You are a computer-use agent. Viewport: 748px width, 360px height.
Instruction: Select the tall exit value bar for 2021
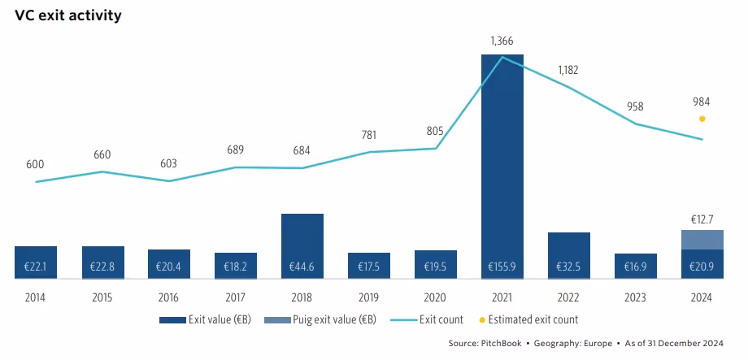pyautogui.click(x=502, y=163)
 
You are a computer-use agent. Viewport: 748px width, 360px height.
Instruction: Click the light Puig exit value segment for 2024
pyautogui.click(x=702, y=240)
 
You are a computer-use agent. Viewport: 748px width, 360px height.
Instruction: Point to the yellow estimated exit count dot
pyautogui.click(x=702, y=119)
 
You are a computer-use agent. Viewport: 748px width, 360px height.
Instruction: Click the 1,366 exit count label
pyautogui.click(x=502, y=41)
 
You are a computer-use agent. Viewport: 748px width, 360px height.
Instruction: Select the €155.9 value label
pyautogui.click(x=502, y=266)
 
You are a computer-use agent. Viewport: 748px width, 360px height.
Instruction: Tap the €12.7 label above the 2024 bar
pyautogui.click(x=702, y=219)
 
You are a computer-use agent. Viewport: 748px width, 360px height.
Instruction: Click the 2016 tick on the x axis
pyautogui.click(x=168, y=297)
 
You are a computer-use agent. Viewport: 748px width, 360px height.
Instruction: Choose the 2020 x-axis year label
pyautogui.click(x=435, y=297)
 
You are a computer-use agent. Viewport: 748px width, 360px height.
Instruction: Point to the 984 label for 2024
pyautogui.click(x=701, y=102)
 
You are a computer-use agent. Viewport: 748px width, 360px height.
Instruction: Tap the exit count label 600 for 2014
pyautogui.click(x=35, y=164)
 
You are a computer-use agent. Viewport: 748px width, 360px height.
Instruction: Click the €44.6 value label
pyautogui.click(x=302, y=266)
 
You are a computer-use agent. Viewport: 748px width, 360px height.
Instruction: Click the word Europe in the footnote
pyautogui.click(x=598, y=343)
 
